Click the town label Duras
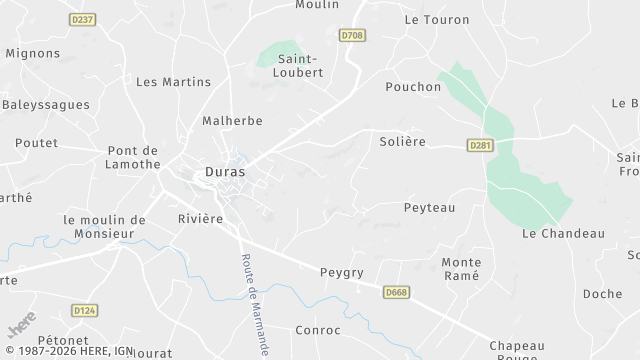point(225,171)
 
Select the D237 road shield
point(82,19)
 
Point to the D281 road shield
point(480,145)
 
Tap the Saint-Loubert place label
point(300,65)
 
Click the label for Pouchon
point(413,87)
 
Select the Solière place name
point(402,142)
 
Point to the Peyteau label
point(429,207)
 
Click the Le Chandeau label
point(563,233)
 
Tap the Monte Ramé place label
point(461,269)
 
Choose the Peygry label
point(341,271)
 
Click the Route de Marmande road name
point(255,301)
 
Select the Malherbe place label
point(232,121)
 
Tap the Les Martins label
point(173,82)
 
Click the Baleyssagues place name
point(46,104)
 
